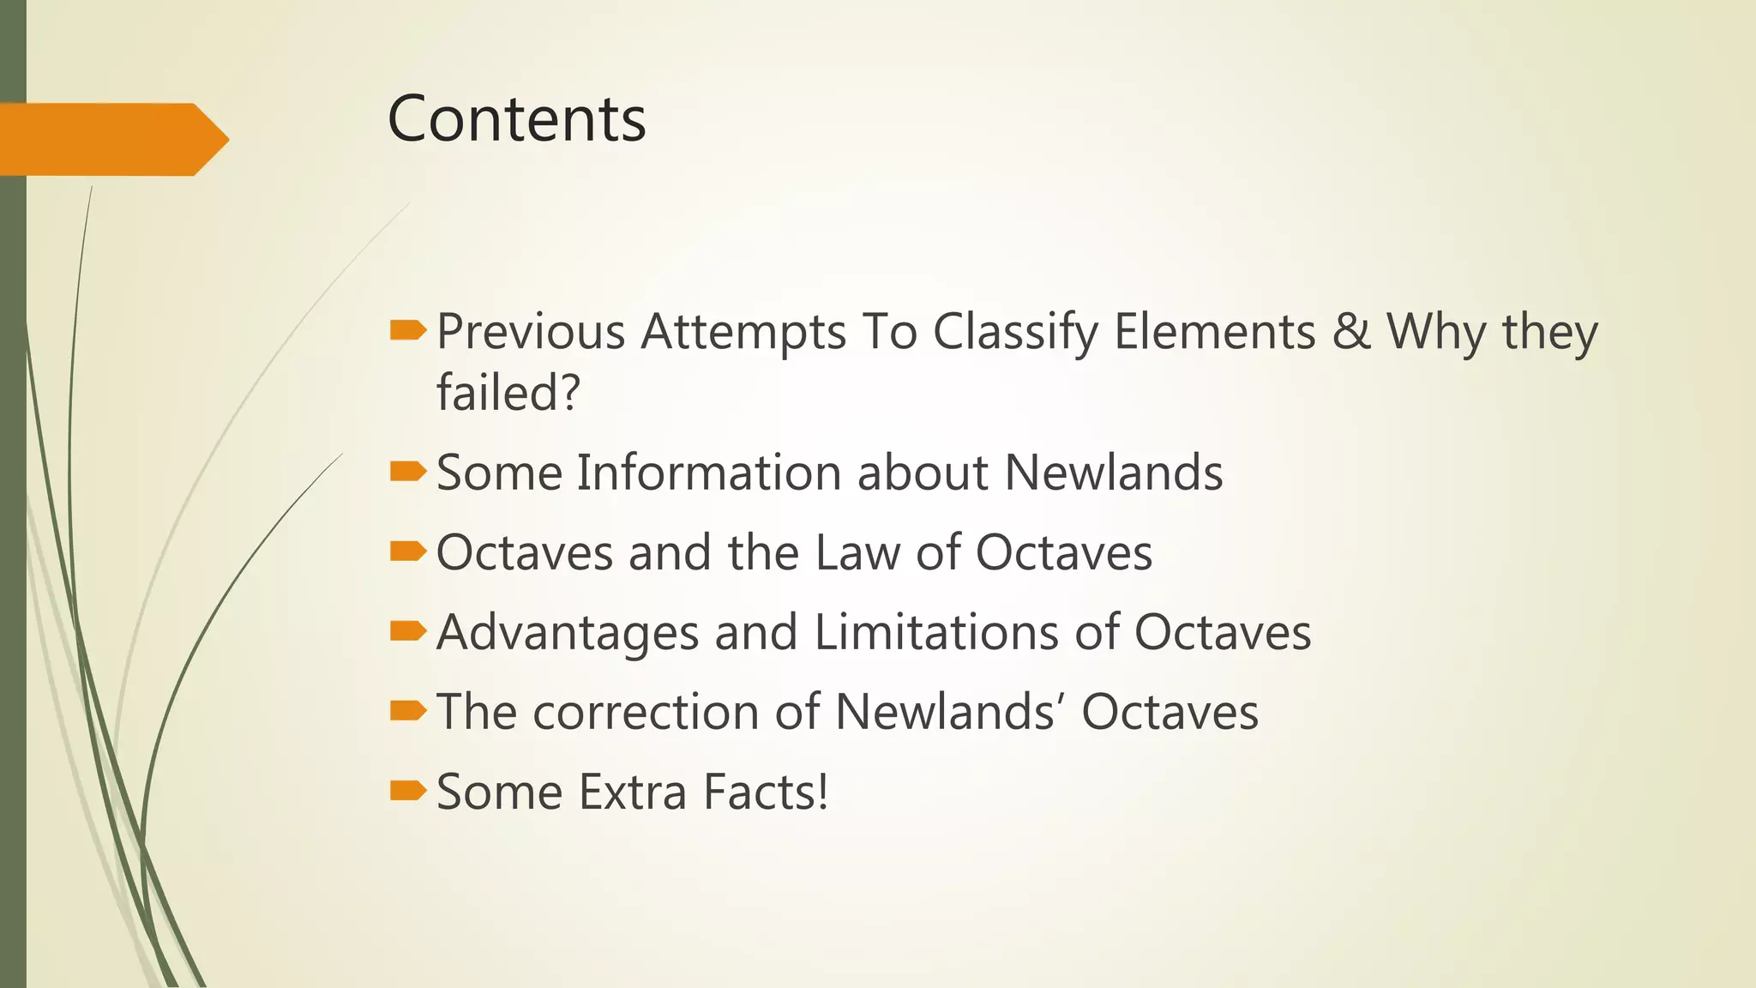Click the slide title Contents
(x=516, y=118)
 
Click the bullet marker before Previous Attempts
(x=407, y=330)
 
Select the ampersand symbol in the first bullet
(x=1351, y=331)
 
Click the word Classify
(x=1015, y=333)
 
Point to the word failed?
(x=508, y=393)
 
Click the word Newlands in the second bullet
(x=1113, y=473)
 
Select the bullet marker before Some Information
(x=407, y=471)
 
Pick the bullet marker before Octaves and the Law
(x=407, y=551)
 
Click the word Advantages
(x=568, y=634)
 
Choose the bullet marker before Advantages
(x=407, y=631)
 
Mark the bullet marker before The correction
(x=407, y=710)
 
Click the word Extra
(x=633, y=792)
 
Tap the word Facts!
(x=766, y=792)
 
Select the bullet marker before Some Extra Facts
(x=407, y=790)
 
